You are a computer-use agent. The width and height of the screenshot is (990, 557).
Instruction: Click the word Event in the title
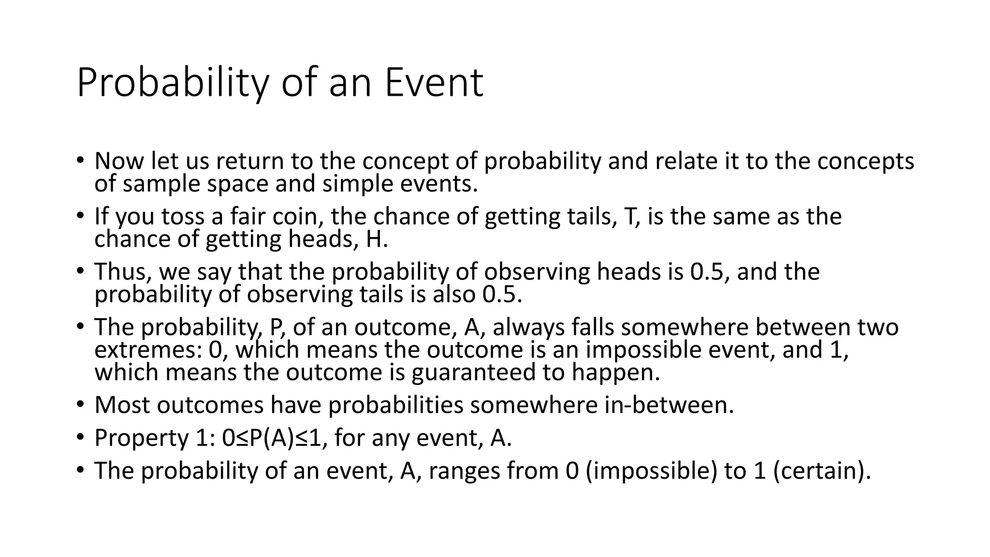pos(434,83)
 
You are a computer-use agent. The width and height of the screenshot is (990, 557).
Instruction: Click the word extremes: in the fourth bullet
pos(148,350)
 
